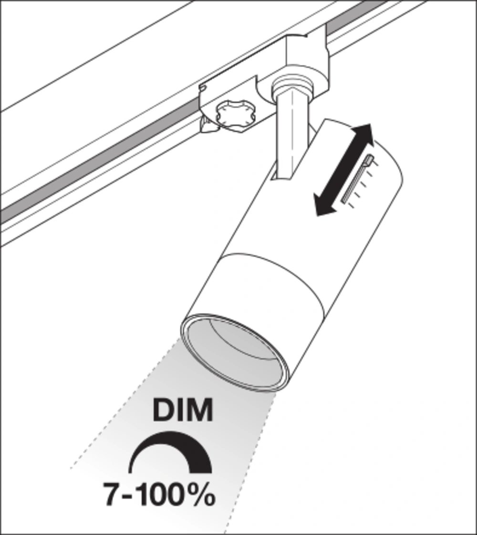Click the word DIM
[183, 410]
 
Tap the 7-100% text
[159, 494]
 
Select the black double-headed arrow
[343, 170]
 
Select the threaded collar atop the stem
[293, 88]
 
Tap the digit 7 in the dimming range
[112, 494]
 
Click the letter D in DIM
[163, 410]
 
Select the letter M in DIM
[199, 410]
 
